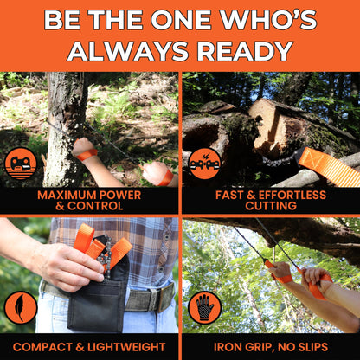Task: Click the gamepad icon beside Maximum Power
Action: coord(20,163)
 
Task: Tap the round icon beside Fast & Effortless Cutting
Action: coord(204,163)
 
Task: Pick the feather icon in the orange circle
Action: coord(20,306)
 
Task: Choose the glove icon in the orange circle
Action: coord(204,306)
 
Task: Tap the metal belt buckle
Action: coord(161,299)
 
